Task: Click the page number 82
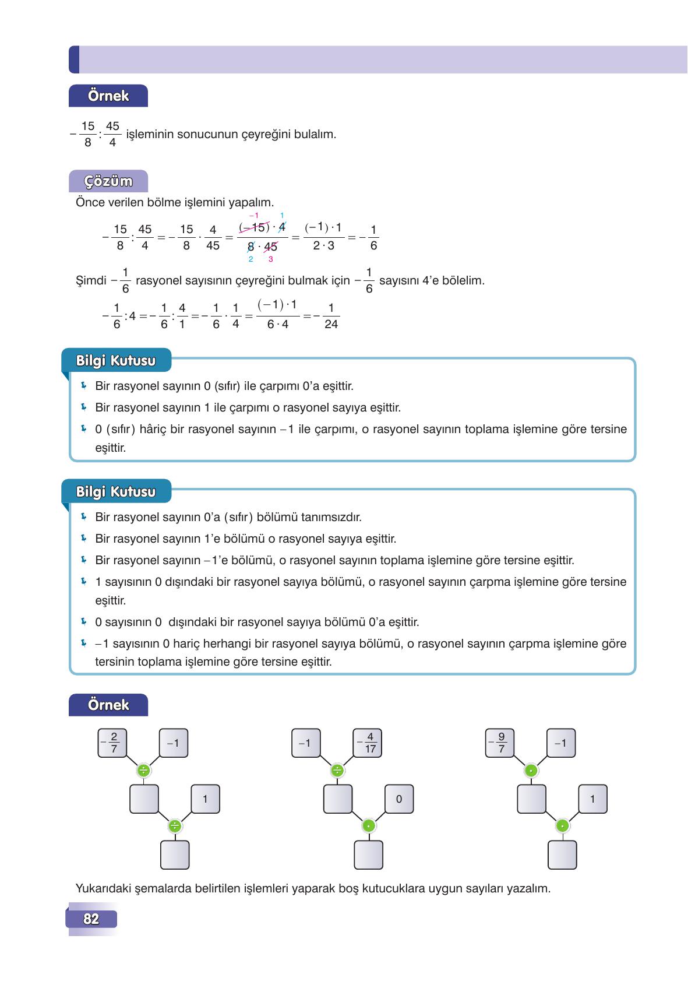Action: pyautogui.click(x=91, y=919)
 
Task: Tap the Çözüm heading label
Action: pyautogui.click(x=108, y=181)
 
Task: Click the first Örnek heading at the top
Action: pyautogui.click(x=108, y=96)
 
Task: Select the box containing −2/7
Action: pyautogui.click(x=113, y=743)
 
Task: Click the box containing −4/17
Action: pyautogui.click(x=367, y=743)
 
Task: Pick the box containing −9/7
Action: pyautogui.click(x=499, y=743)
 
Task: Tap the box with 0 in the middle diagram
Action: pyautogui.click(x=398, y=799)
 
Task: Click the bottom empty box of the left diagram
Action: pyautogui.click(x=175, y=855)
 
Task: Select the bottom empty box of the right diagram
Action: pyautogui.click(x=562, y=855)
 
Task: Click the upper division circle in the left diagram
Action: pyautogui.click(x=143, y=771)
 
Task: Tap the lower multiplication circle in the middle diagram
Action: pyautogui.click(x=368, y=826)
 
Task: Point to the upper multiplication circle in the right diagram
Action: pyautogui.click(x=531, y=771)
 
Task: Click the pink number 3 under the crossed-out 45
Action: pyautogui.click(x=270, y=259)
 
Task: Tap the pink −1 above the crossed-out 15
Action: pyautogui.click(x=254, y=216)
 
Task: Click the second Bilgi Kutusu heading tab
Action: pyautogui.click(x=116, y=492)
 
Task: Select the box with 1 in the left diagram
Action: pyautogui.click(x=205, y=799)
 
